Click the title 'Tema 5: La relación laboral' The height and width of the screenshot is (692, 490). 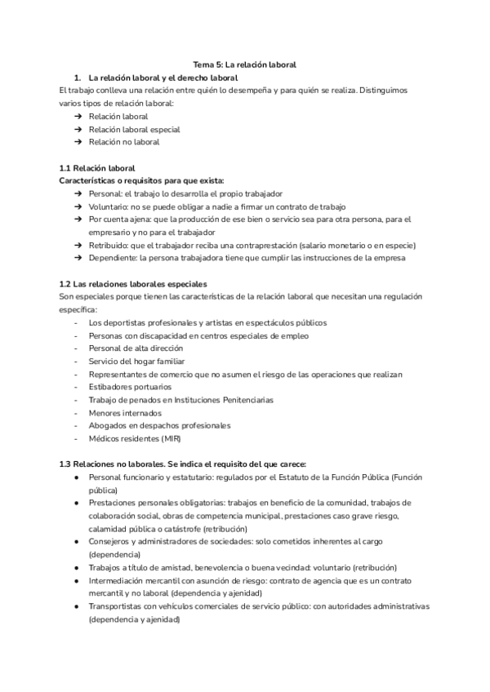click(244, 64)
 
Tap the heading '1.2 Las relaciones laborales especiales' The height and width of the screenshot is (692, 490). click(134, 284)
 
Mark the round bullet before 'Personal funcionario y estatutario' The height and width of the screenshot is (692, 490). click(76, 477)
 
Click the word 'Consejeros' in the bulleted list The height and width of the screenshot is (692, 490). click(110, 541)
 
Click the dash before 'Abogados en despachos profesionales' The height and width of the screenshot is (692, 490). click(76, 425)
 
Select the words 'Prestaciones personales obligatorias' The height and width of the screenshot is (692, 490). click(158, 503)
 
